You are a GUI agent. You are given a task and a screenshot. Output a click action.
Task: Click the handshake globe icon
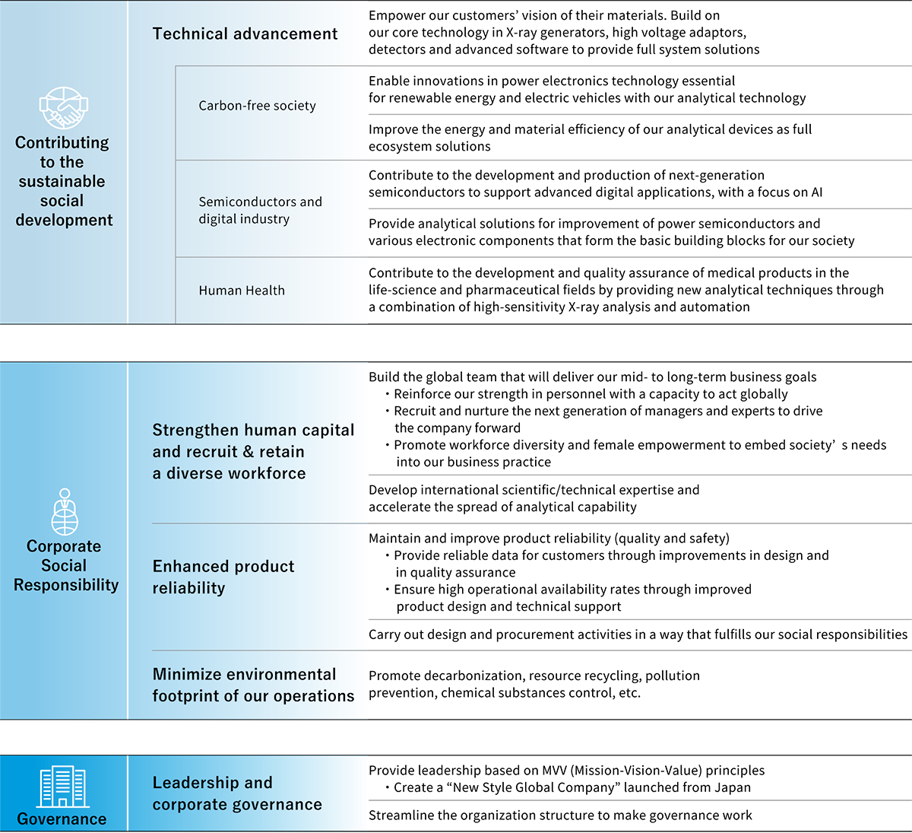coord(64,108)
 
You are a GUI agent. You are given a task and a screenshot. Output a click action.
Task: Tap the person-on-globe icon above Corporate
coord(65,512)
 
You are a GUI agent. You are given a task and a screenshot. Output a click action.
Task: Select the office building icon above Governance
coord(63,787)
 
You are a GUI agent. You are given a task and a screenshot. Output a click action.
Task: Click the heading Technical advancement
coord(245,34)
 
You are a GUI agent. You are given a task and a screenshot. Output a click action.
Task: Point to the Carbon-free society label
coord(257,106)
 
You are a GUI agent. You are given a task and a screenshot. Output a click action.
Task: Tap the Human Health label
coord(242,291)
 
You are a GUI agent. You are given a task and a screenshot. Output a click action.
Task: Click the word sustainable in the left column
coord(62,182)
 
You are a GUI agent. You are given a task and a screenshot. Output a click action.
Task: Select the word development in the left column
coord(64,221)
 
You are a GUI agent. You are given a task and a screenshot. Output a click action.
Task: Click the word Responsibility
coord(66,585)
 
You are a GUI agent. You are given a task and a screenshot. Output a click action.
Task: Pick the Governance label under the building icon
coord(62,819)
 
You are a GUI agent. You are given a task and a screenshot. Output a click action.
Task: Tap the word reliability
coord(188,588)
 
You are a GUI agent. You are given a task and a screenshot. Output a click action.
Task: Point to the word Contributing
coord(62,143)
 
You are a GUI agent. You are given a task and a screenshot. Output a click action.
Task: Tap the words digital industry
coord(244,219)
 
